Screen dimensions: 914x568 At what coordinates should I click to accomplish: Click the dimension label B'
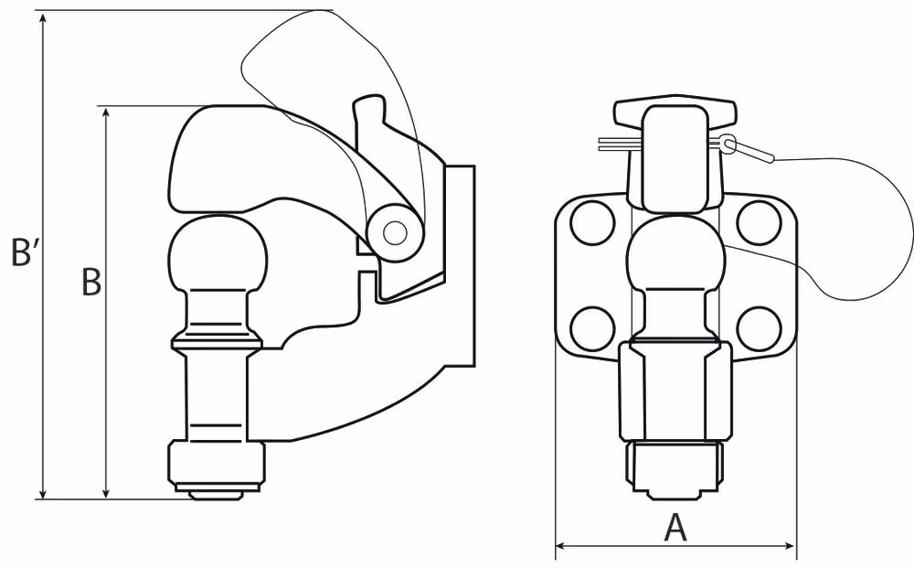pos(24,252)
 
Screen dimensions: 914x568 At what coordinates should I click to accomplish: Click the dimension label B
pos(90,283)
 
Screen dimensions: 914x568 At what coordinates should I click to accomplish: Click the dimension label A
pos(675,528)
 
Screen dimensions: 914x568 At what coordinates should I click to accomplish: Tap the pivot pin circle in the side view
pos(395,233)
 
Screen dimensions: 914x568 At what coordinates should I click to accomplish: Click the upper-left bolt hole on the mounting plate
pos(593,223)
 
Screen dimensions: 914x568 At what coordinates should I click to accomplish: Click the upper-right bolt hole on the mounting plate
pos(759,223)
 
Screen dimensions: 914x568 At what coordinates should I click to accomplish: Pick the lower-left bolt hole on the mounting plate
pos(593,327)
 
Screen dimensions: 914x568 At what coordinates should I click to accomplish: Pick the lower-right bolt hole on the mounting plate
pos(759,327)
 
